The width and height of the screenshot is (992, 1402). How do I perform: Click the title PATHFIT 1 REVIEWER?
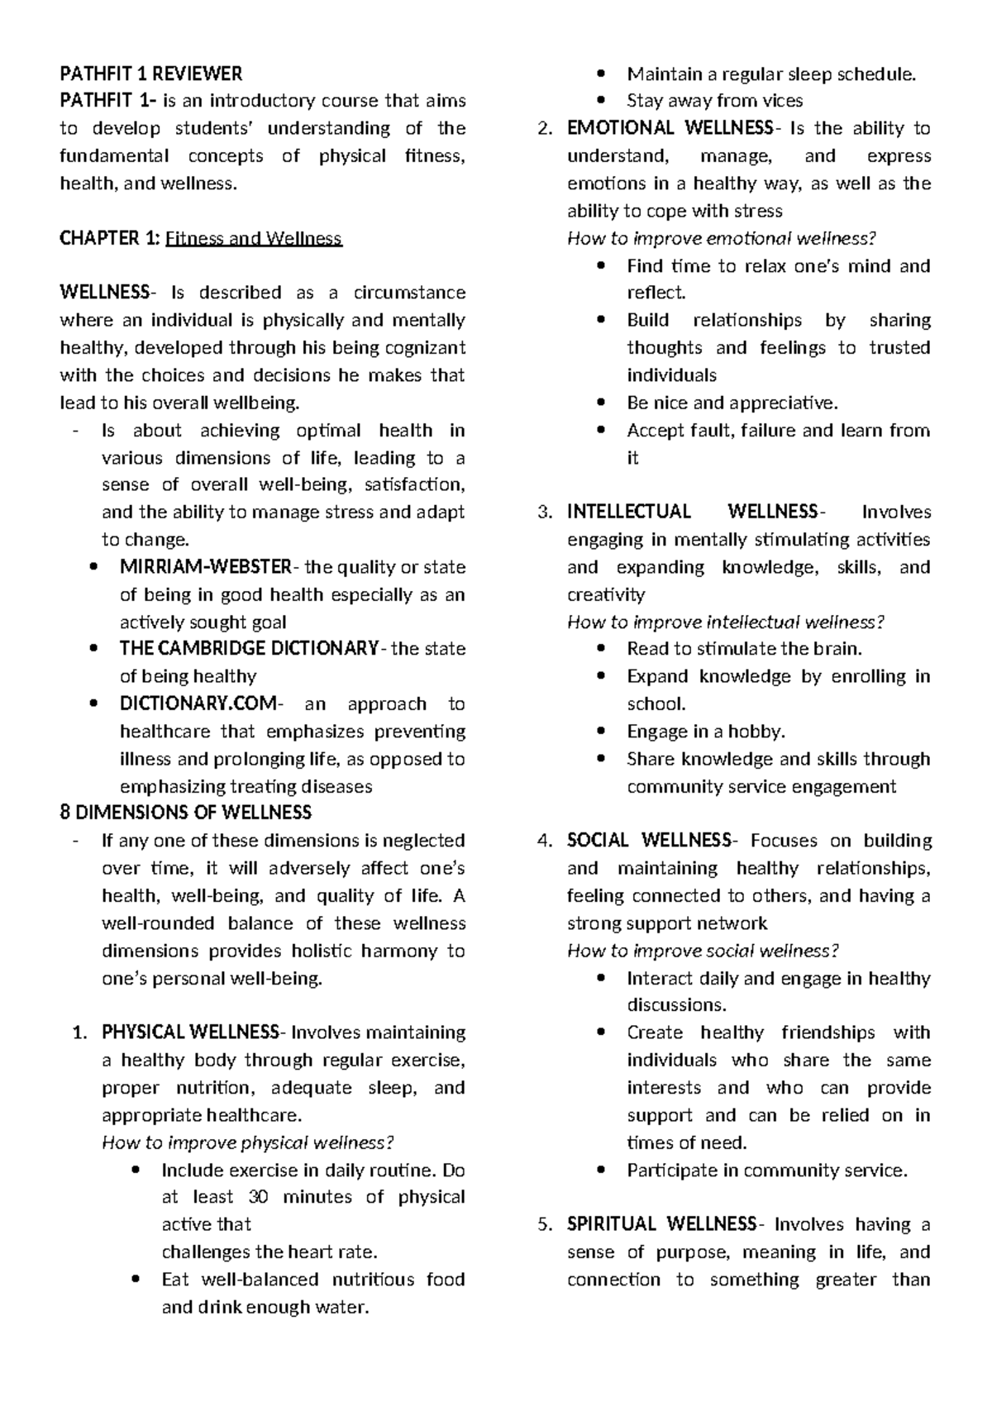pos(150,74)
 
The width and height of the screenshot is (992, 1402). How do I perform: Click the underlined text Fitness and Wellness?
pos(253,239)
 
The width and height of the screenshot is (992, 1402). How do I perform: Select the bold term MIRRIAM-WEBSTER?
pos(205,567)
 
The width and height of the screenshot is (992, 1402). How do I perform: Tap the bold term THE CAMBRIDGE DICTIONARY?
pos(249,648)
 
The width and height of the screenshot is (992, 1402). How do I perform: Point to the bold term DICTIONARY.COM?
pos(199,703)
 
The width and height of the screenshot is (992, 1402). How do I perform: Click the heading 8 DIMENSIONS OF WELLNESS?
pos(186,813)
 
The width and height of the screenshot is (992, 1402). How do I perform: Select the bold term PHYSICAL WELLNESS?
pos(190,1032)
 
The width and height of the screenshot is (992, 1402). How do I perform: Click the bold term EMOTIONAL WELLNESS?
pos(669,128)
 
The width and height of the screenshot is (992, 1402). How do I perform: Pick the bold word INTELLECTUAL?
pos(628,512)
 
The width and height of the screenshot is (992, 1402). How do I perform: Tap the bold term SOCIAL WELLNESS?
pos(649,841)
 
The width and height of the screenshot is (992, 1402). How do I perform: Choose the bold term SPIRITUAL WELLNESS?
pos(661,1224)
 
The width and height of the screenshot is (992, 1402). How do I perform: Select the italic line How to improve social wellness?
pos(703,951)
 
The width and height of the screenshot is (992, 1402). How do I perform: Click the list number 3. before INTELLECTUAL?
pos(544,513)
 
